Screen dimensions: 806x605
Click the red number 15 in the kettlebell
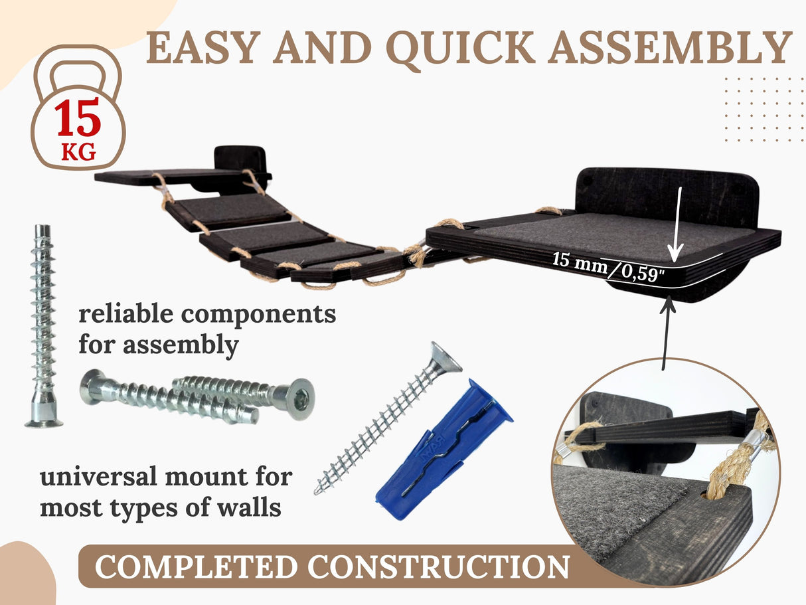click(78, 118)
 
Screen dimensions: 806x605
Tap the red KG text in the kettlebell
click(78, 152)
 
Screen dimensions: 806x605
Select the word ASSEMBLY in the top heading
click(670, 47)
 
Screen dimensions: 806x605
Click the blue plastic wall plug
click(443, 450)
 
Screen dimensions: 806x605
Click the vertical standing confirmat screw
click(42, 326)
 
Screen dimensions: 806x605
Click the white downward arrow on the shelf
click(677, 224)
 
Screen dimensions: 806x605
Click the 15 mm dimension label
click(580, 262)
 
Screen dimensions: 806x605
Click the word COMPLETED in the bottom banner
click(196, 566)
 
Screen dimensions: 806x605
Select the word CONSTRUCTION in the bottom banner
click(439, 566)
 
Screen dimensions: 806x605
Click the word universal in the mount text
click(99, 477)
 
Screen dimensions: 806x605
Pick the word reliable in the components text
click(126, 313)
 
